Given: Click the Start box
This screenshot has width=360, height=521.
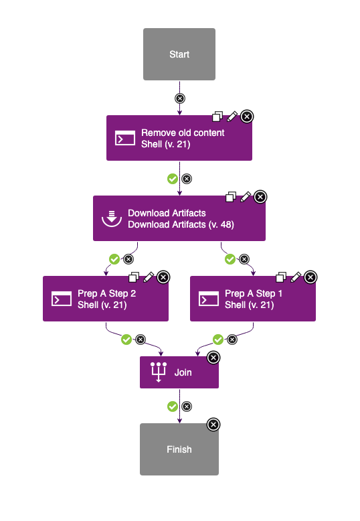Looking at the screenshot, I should (179, 54).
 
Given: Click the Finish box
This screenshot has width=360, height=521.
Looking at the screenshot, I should (179, 449).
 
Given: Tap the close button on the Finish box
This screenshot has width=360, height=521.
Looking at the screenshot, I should (213, 425).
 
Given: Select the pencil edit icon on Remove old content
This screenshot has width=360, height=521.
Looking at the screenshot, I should (232, 117).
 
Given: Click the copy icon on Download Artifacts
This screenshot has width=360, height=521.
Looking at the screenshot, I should (231, 197).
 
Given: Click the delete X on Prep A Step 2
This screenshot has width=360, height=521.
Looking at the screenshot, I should (163, 277).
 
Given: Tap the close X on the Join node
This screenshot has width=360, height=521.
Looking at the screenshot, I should (213, 358).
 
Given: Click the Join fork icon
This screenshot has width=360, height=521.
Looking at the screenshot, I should (159, 372).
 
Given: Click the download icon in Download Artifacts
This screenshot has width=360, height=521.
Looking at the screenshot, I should (112, 218).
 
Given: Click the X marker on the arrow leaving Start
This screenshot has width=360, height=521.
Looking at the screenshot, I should (179, 98).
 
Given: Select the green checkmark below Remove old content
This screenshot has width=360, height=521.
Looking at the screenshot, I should (172, 179).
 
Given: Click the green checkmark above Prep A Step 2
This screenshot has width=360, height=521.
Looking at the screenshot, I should (114, 258).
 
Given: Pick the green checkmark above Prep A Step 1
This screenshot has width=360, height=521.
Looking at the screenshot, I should (230, 258).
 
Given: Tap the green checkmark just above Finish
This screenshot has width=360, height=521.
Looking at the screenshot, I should (172, 406).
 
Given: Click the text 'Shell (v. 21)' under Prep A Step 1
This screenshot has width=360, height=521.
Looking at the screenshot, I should (250, 305).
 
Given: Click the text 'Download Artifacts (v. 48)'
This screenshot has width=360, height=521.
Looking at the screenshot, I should (181, 224).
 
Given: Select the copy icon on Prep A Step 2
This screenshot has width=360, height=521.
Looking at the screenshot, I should (133, 277).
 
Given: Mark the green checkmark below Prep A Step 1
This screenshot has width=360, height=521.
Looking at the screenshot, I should (218, 340).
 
